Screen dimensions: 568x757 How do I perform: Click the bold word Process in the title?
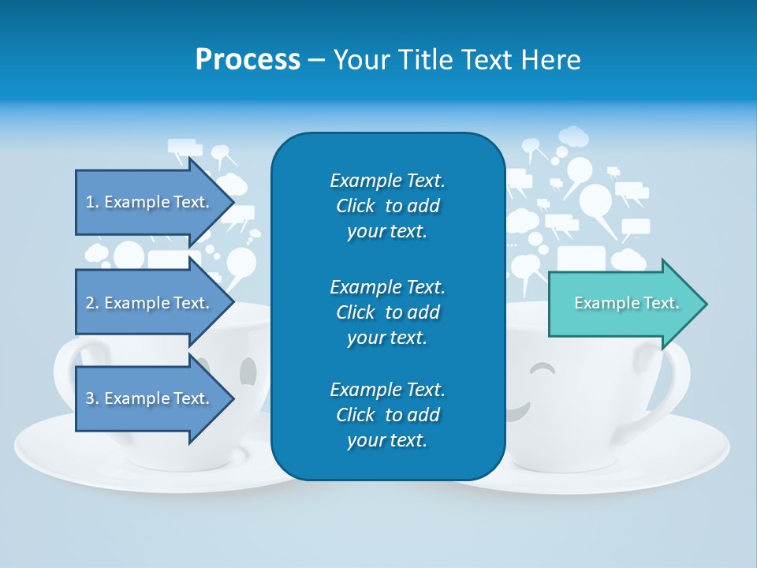tap(248, 60)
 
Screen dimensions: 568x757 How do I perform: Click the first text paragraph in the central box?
tap(387, 206)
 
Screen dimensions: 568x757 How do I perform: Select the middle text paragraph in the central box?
tap(387, 312)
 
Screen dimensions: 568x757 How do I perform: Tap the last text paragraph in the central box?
tap(387, 415)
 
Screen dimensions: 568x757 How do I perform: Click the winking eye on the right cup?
tap(542, 368)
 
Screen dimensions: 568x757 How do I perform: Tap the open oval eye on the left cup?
tap(248, 370)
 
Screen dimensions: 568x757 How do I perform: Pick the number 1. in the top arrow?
tap(91, 202)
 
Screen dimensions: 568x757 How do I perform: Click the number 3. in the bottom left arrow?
tap(91, 398)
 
